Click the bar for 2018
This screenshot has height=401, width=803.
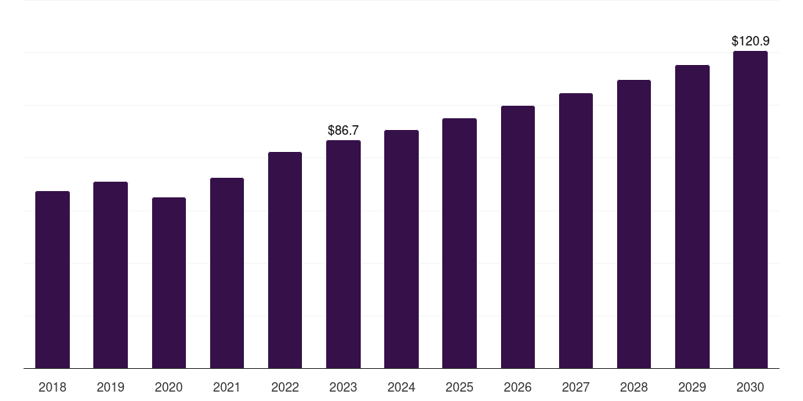tap(53, 280)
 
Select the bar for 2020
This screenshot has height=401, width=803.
tap(169, 283)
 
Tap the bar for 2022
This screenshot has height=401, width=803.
tap(285, 260)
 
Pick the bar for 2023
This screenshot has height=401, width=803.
tap(343, 255)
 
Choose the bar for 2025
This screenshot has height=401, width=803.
tap(460, 244)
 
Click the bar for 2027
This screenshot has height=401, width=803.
tap(576, 231)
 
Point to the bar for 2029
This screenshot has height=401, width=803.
tap(692, 217)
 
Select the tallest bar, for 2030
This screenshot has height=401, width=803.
tap(750, 210)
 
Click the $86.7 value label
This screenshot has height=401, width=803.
tap(343, 130)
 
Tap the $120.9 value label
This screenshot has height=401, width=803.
tap(750, 41)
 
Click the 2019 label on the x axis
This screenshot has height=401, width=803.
tap(111, 387)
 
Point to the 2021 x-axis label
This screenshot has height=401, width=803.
tap(227, 387)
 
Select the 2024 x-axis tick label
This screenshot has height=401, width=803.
tap(401, 387)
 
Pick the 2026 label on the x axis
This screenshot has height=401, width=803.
tap(518, 387)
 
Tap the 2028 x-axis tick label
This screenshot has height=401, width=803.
tap(634, 387)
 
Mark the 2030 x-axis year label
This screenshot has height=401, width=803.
tap(750, 387)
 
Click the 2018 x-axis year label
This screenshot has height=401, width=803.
tap(53, 387)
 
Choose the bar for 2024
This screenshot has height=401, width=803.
tap(401, 249)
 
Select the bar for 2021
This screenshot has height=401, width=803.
tap(227, 273)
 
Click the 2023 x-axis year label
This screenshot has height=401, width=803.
tap(343, 387)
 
